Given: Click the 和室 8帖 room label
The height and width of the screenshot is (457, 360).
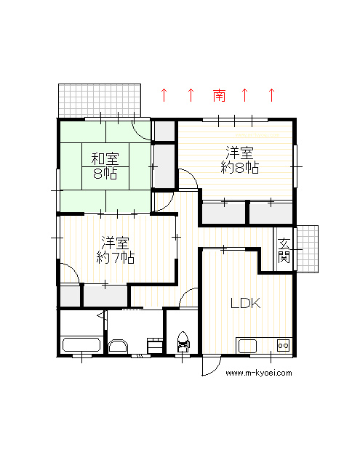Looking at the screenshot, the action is [105, 166].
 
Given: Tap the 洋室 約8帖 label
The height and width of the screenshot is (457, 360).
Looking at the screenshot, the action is [239, 160].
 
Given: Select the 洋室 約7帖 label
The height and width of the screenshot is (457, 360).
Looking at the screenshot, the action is [115, 250].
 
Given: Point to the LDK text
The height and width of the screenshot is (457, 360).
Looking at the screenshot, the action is [246, 303].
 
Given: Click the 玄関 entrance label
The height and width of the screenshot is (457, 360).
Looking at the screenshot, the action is [284, 251].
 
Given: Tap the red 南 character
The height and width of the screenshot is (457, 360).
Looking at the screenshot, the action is [219, 95].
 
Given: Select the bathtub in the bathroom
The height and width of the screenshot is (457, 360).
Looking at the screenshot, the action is [81, 345].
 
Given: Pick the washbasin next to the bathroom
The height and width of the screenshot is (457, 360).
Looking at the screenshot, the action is [118, 346].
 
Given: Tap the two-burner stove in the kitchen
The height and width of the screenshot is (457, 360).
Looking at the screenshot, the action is [283, 345].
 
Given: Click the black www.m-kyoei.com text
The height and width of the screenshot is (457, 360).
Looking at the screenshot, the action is [259, 373].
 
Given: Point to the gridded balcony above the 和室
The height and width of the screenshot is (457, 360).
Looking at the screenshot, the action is [100, 101].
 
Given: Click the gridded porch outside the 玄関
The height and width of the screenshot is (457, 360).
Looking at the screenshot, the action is [308, 249].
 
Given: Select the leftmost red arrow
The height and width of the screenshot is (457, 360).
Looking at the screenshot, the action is [164, 95].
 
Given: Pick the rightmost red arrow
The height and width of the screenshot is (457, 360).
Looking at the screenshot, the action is [271, 95].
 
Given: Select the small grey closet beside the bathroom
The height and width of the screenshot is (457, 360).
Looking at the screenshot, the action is [70, 296].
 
